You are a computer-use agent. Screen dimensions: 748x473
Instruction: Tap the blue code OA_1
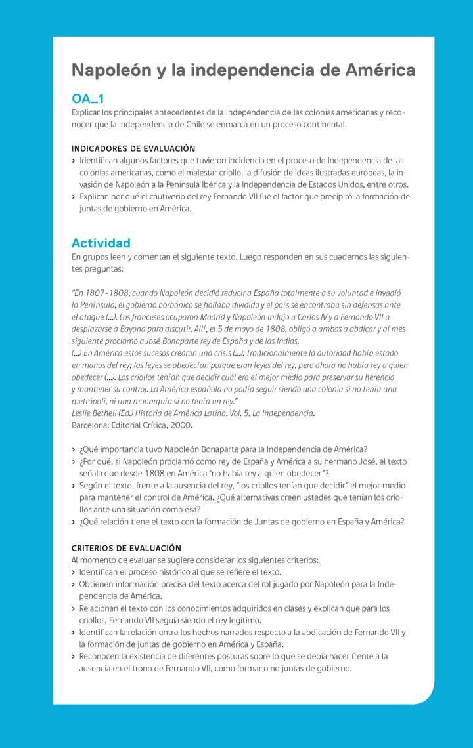click(87, 99)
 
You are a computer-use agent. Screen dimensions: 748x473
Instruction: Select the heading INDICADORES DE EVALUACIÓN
click(133, 148)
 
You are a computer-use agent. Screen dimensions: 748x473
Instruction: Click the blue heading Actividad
click(101, 243)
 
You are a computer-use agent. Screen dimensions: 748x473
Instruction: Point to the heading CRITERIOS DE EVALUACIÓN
click(126, 548)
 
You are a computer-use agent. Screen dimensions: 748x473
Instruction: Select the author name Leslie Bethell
click(94, 413)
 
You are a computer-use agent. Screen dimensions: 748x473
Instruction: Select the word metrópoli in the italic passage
click(89, 401)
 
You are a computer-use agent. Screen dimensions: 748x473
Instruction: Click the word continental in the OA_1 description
click(323, 124)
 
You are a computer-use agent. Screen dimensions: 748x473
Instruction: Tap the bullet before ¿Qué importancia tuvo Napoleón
click(73, 449)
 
